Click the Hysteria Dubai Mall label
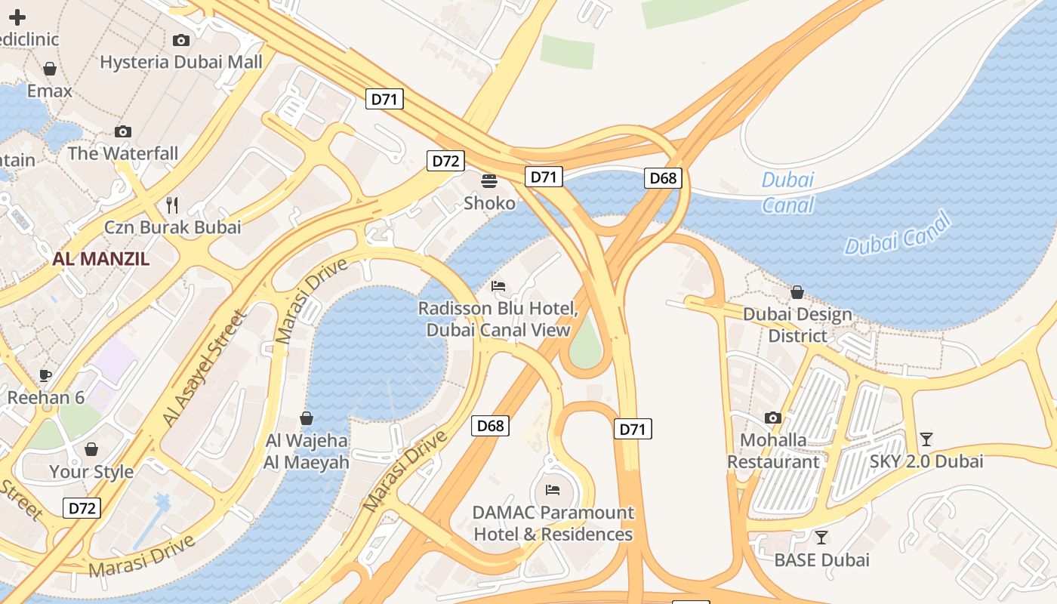click(x=181, y=62)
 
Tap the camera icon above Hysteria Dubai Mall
click(x=181, y=40)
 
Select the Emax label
click(x=50, y=91)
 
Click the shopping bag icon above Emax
click(x=50, y=69)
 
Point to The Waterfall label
click(x=123, y=153)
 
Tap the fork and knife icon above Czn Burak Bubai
click(x=172, y=205)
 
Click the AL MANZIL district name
click(x=101, y=259)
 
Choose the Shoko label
click(x=489, y=203)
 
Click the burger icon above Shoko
click(x=489, y=181)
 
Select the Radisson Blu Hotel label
click(x=498, y=319)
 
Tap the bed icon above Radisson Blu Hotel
click(x=498, y=286)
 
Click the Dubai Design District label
click(x=797, y=325)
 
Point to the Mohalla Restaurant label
click(x=772, y=451)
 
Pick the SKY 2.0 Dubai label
click(x=926, y=461)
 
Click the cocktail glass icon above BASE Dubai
click(x=821, y=538)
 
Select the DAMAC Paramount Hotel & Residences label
click(x=553, y=523)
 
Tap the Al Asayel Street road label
click(x=205, y=368)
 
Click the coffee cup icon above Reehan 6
click(x=45, y=375)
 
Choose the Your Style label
click(x=91, y=472)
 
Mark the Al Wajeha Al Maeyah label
click(x=307, y=451)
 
